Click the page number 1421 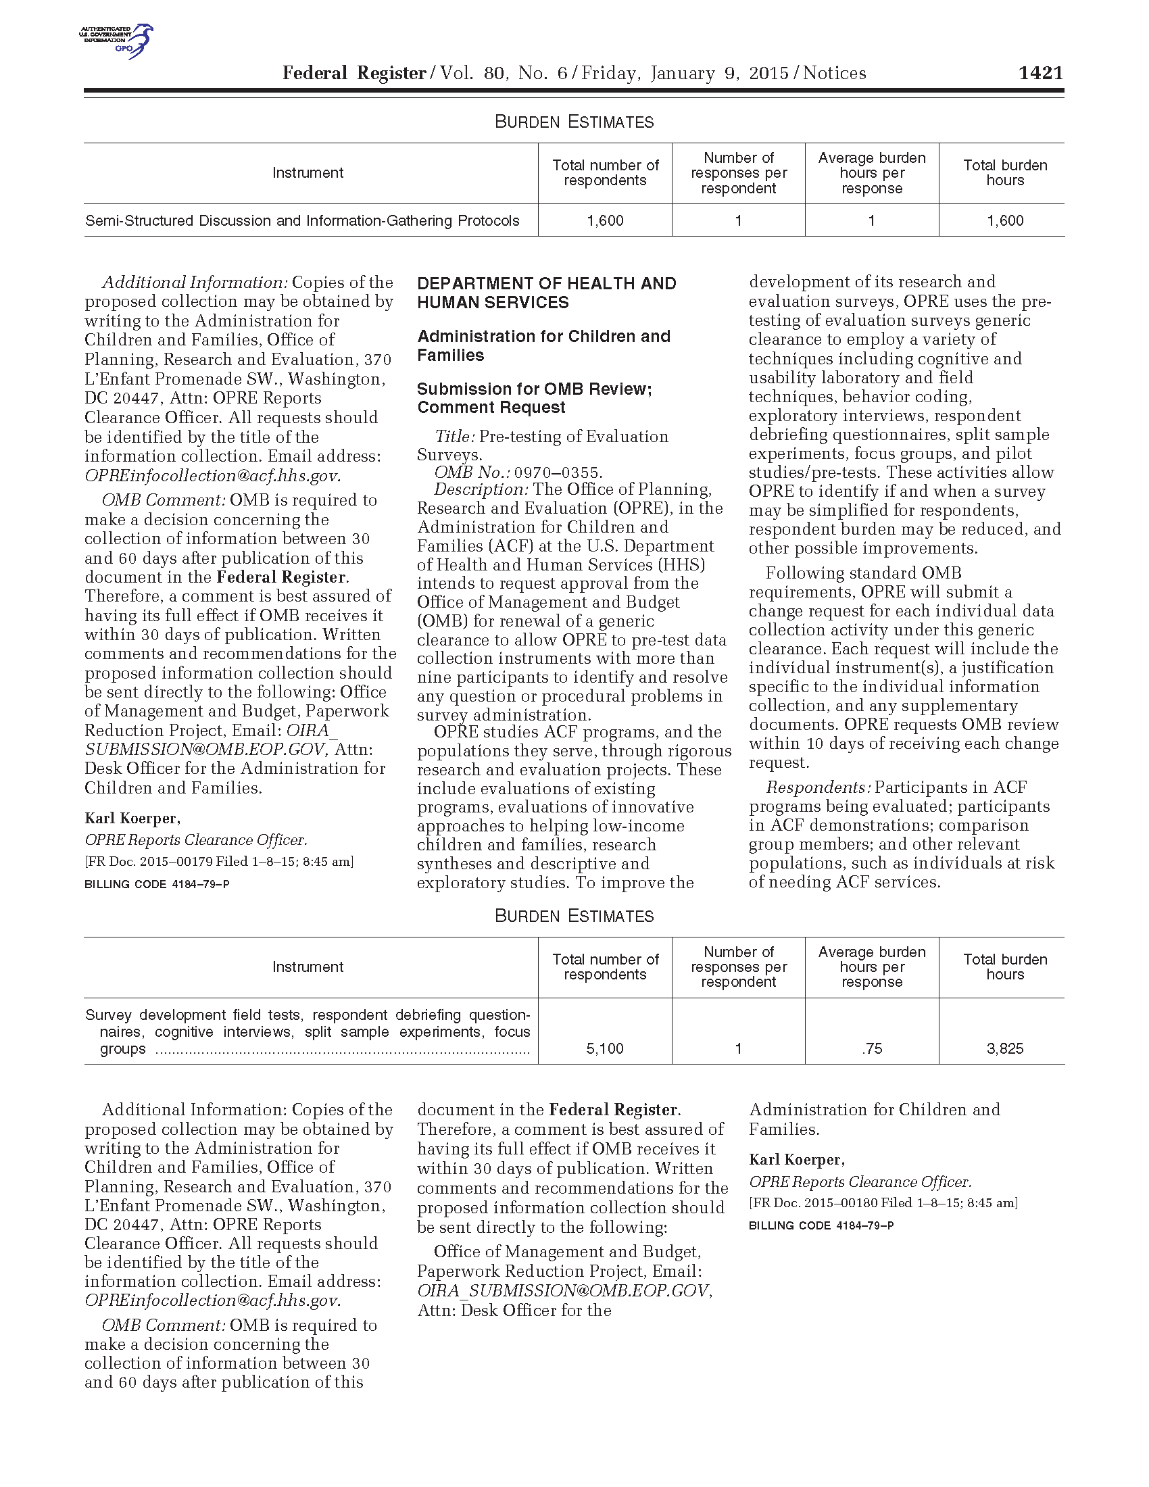pos(1040,73)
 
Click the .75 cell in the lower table pos(871,1048)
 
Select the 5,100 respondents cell pos(604,1048)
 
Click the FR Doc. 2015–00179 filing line pos(218,861)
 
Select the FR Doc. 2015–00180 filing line pos(883,1202)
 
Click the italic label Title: pos(456,437)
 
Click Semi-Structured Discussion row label pos(302,220)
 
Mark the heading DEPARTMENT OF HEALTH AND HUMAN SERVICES pos(547,293)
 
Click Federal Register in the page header pos(354,73)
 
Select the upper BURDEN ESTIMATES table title pos(574,122)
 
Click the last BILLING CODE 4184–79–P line pos(821,1225)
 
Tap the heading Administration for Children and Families pos(543,345)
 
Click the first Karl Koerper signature pos(132,818)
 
